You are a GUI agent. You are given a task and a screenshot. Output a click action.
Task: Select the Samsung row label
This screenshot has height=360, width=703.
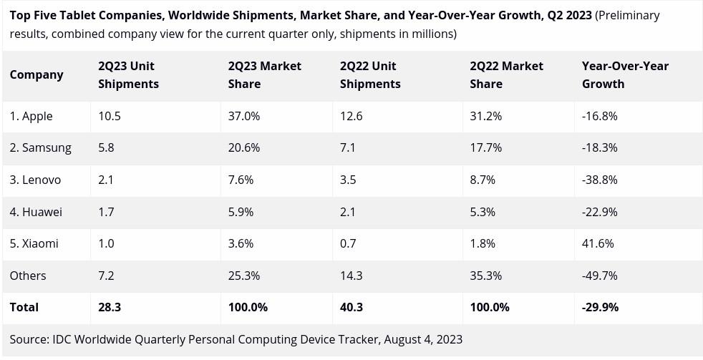click(x=41, y=148)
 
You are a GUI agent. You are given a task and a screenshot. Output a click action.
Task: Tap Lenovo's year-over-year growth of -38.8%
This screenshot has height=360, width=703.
click(x=599, y=180)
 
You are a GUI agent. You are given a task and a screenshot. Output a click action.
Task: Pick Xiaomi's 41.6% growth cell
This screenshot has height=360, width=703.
click(x=598, y=243)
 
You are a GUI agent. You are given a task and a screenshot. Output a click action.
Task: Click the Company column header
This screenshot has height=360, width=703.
click(x=37, y=75)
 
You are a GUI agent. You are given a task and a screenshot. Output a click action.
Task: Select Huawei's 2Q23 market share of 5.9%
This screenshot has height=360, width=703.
click(x=241, y=212)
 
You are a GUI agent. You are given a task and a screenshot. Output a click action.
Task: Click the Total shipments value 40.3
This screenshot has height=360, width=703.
click(x=351, y=307)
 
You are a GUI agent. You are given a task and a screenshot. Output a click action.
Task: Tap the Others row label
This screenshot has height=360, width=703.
click(x=28, y=276)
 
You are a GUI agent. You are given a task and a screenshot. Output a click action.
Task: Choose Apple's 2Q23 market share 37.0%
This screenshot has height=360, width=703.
click(x=244, y=116)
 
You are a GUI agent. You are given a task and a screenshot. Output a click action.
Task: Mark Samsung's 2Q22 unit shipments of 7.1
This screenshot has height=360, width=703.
click(x=348, y=148)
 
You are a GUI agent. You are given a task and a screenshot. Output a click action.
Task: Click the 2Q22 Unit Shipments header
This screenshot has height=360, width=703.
click(x=370, y=75)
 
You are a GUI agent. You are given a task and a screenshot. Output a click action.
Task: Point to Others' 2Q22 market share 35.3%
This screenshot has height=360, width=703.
click(x=486, y=276)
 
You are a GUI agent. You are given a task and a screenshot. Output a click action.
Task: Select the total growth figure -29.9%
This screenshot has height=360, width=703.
click(x=600, y=307)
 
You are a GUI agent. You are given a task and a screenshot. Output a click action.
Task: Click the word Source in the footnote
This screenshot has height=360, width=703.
click(x=29, y=339)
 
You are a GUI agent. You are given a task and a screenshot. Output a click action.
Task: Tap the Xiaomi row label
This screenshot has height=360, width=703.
click(x=34, y=243)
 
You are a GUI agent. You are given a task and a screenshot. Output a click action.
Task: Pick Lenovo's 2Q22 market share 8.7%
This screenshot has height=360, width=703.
click(x=483, y=180)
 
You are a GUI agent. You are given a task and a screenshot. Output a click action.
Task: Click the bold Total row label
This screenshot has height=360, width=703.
click(x=24, y=307)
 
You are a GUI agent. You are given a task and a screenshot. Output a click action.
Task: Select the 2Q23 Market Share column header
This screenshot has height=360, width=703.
click(x=264, y=75)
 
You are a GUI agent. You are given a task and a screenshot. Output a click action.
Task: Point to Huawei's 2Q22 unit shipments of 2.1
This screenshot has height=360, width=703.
click(x=348, y=212)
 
